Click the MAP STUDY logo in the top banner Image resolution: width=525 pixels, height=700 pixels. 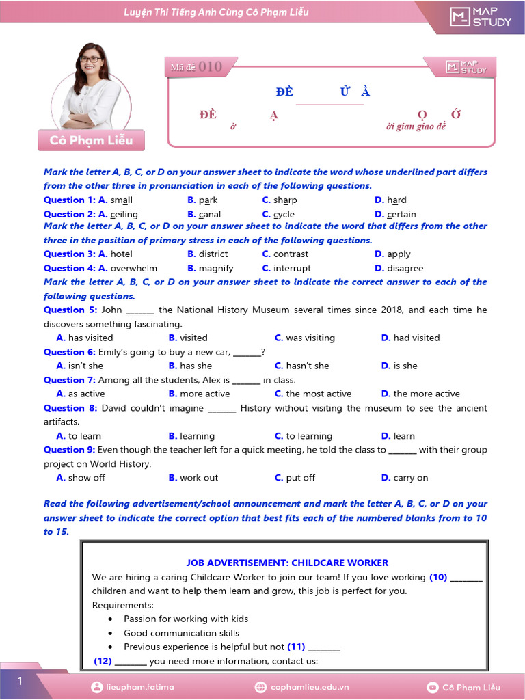tap(480, 17)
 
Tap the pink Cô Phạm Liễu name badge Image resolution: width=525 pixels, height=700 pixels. tap(92, 140)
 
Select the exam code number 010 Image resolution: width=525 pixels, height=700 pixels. tap(211, 66)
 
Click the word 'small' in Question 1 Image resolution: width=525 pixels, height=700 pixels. tap(121, 200)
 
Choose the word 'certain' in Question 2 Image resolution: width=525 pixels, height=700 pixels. tap(401, 215)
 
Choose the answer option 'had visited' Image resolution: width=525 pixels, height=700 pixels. tap(416, 338)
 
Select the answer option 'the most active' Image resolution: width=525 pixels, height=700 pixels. tap(319, 394)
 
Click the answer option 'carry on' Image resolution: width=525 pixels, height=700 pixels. tap(410, 478)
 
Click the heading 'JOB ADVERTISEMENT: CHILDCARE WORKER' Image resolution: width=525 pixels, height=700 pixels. tap(287, 563)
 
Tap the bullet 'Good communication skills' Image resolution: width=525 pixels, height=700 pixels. tap(181, 633)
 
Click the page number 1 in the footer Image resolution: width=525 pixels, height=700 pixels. tap(20, 681)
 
